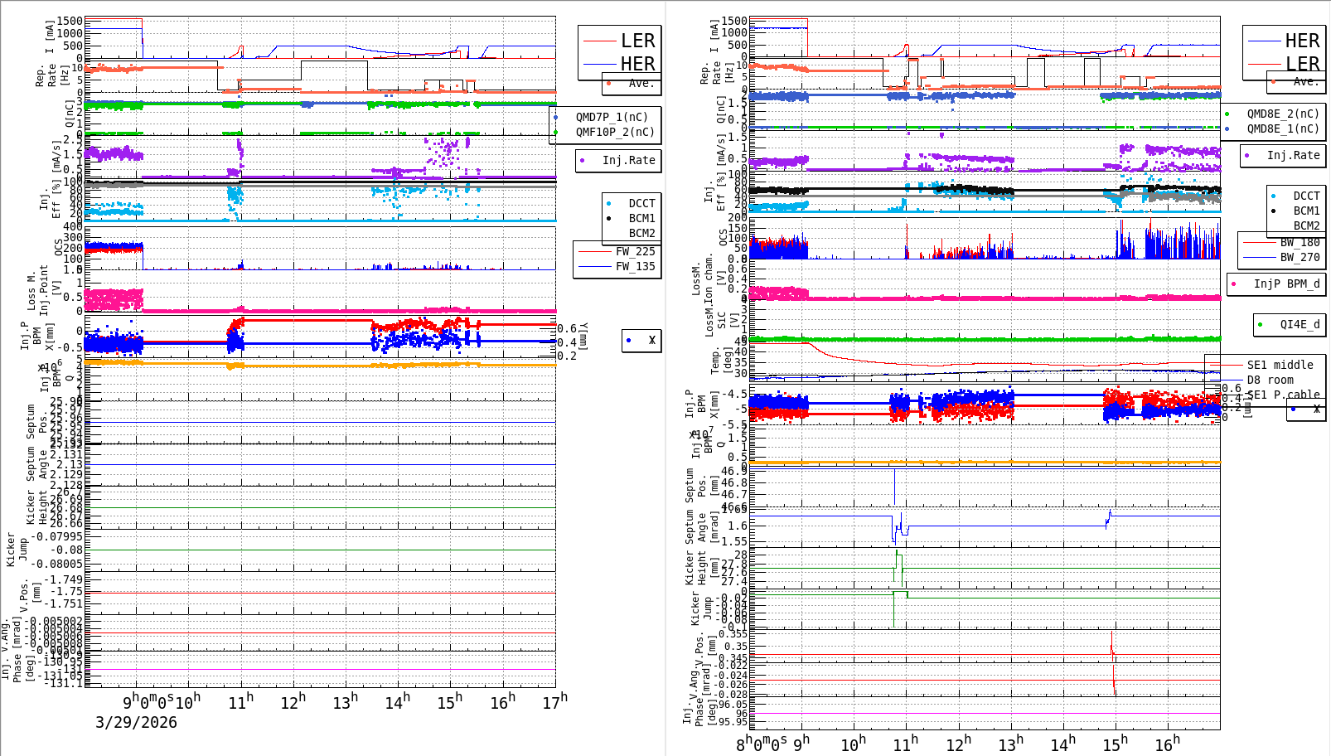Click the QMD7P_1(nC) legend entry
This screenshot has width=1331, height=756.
612,117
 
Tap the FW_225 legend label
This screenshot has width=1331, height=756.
635,251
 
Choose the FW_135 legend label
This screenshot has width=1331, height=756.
635,266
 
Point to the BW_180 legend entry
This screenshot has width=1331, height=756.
1300,242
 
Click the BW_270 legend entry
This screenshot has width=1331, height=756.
1300,257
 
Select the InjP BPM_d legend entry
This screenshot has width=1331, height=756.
1286,283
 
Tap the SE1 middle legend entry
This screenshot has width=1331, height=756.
1280,365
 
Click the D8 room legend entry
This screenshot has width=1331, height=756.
1270,380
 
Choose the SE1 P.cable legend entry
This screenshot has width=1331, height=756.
1283,395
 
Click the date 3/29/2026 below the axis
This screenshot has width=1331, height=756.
136,722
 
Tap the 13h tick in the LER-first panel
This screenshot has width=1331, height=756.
346,701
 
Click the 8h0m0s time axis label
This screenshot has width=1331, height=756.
760,744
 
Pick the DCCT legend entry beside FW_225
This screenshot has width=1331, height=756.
641,203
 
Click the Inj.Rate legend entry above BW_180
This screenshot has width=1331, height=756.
1293,155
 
